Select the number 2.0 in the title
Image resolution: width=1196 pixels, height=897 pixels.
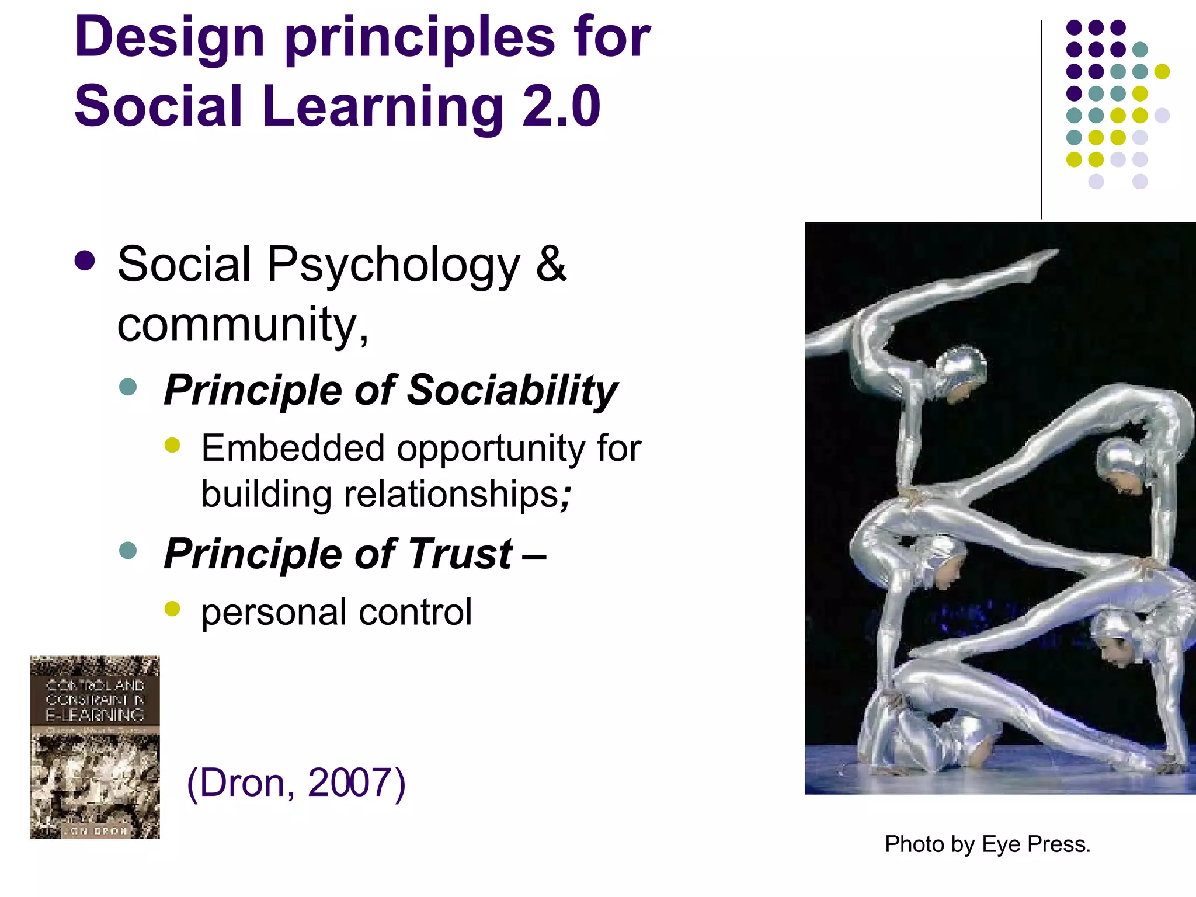click(561, 107)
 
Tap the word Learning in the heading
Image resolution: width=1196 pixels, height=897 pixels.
click(383, 107)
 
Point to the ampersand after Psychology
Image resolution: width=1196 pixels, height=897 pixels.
click(551, 264)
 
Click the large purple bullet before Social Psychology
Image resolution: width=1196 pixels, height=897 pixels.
click(85, 261)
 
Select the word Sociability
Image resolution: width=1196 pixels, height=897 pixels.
click(512, 390)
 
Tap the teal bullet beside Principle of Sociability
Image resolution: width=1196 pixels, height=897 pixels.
click(127, 387)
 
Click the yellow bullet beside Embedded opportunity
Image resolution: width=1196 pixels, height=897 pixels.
click(172, 446)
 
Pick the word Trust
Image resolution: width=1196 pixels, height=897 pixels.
click(460, 554)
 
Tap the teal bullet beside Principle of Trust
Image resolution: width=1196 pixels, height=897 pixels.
click(127, 550)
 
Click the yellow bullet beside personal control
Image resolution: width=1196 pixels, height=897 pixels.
click(172, 609)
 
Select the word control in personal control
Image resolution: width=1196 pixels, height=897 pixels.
click(415, 612)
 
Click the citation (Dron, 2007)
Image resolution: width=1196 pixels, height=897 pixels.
click(296, 783)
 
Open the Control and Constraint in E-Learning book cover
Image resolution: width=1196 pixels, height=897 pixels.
click(95, 747)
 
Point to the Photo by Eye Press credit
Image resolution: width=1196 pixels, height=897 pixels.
click(988, 844)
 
